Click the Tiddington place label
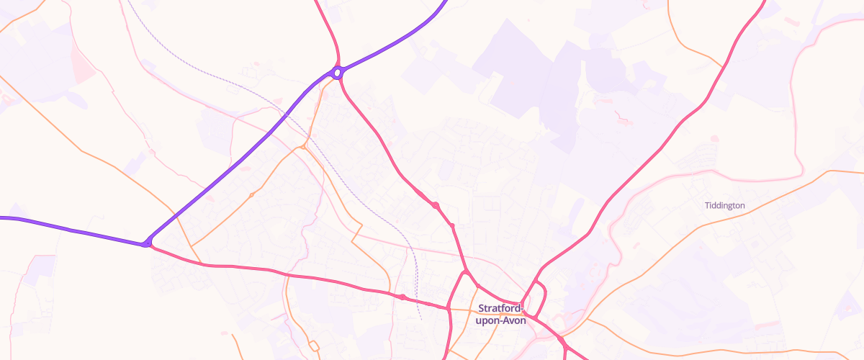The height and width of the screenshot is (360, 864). [724, 205]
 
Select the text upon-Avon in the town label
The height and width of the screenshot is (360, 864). [500, 320]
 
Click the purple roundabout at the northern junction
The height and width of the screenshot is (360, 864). [337, 72]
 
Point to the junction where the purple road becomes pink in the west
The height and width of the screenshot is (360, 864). [147, 243]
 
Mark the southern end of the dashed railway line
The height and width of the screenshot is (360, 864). [420, 318]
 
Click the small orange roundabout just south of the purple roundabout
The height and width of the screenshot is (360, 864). [305, 146]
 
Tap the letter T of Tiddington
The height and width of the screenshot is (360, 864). [706, 205]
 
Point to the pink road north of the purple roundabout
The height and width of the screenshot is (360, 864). [329, 29]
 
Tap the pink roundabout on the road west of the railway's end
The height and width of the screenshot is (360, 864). [402, 297]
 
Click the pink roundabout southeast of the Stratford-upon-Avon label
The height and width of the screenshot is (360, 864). [560, 338]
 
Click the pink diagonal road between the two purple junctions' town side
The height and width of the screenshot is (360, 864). [389, 158]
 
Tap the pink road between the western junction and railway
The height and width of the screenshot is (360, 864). [274, 271]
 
